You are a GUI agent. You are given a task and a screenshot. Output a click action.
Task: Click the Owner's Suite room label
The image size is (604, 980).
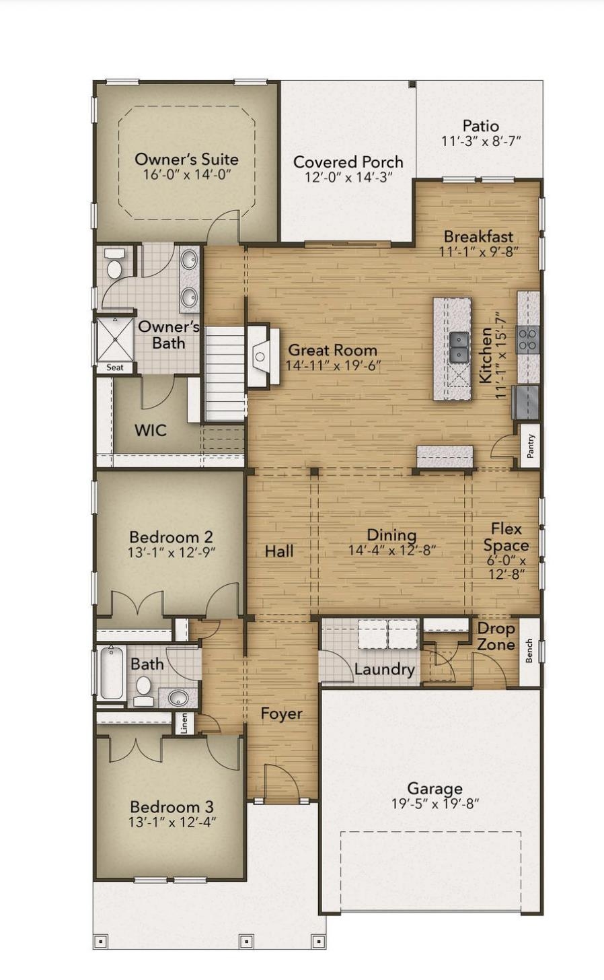[186, 160]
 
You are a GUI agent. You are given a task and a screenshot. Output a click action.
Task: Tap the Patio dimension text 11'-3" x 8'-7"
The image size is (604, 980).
[481, 141]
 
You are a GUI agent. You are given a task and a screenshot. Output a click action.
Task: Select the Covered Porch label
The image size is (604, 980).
[348, 162]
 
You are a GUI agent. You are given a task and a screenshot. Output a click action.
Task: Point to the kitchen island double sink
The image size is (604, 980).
[459, 345]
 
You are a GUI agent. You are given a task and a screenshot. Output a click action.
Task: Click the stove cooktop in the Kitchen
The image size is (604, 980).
[527, 339]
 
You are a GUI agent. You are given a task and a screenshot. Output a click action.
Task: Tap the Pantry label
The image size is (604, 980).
[531, 446]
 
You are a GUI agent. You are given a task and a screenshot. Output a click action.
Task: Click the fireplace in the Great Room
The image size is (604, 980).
[263, 355]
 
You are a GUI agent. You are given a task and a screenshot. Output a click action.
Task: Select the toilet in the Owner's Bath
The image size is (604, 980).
[114, 263]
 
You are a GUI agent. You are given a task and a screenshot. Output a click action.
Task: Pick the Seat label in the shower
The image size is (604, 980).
[115, 367]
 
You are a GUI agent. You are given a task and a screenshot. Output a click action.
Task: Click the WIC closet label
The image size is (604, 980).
[151, 430]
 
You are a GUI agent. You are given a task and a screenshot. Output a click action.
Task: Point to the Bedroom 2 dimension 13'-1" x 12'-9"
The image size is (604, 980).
[172, 553]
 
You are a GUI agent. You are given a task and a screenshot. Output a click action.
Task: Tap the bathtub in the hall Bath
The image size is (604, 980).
[112, 673]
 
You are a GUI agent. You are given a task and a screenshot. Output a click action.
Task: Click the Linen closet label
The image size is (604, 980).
[184, 723]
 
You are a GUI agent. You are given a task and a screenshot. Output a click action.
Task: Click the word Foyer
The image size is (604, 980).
[281, 713]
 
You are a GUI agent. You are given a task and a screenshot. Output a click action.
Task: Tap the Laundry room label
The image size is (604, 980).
[384, 669]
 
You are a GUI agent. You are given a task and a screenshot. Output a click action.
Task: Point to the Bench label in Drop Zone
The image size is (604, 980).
[529, 651]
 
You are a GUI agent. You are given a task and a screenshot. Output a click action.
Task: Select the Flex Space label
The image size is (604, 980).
[506, 537]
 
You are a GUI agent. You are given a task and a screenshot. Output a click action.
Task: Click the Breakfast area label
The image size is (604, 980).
[479, 236]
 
